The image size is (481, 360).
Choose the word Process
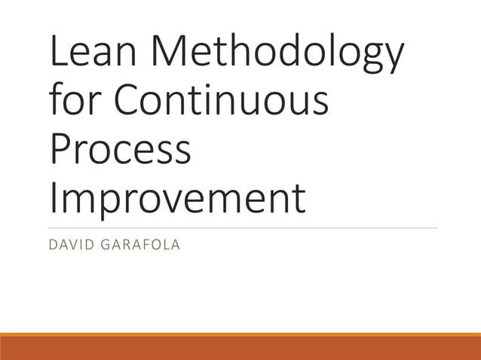coord(121,149)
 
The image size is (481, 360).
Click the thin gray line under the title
coord(241,227)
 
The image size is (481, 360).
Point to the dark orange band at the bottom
coord(240,349)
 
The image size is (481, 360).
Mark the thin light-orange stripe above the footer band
coord(240,334)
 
